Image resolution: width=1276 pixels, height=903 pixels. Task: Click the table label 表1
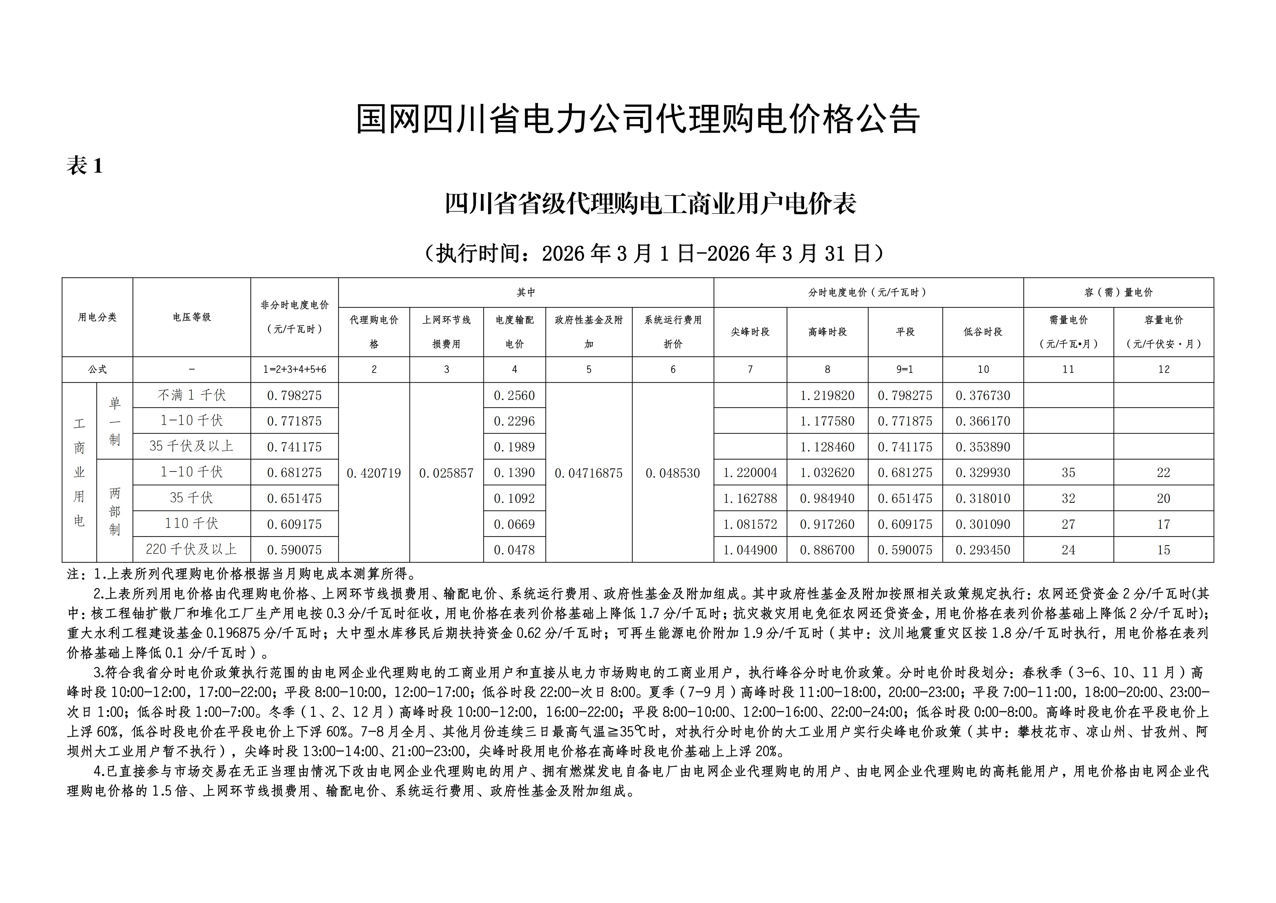click(x=84, y=166)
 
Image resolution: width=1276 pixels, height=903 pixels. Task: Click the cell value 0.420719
click(x=373, y=473)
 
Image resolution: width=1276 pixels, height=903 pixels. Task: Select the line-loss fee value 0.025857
click(x=446, y=473)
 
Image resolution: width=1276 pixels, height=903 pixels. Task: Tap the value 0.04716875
click(x=589, y=473)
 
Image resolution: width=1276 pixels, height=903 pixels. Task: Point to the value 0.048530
click(x=672, y=473)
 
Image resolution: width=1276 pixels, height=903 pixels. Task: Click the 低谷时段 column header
click(x=982, y=332)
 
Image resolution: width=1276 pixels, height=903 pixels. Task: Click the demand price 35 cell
click(x=1068, y=473)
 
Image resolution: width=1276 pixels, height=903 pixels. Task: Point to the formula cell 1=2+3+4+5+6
click(x=294, y=369)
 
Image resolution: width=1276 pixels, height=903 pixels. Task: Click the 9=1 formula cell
click(x=905, y=369)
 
